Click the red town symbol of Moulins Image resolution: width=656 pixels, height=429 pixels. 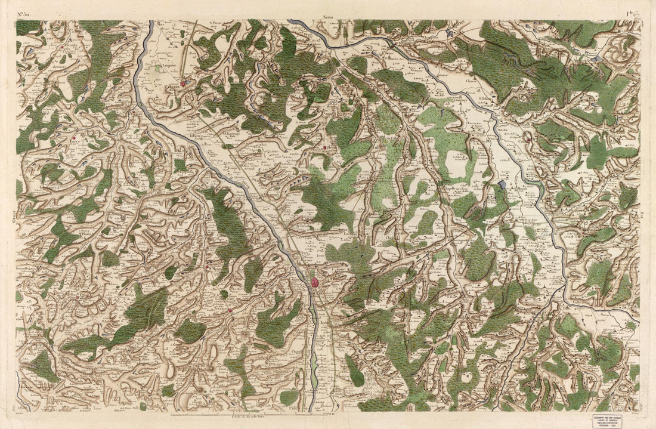coord(314,280)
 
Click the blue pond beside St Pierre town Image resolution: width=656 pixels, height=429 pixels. coord(189,83)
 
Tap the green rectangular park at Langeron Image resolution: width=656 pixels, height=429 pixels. coord(157,69)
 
